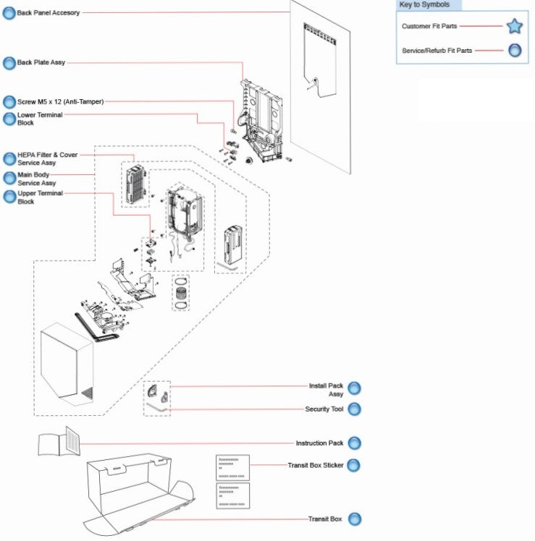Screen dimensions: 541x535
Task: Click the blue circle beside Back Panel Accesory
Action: tap(9, 13)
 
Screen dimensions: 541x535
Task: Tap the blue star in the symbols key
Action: tap(514, 27)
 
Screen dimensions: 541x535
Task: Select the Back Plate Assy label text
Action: tap(41, 63)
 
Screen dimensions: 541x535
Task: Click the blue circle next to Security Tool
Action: tap(354, 409)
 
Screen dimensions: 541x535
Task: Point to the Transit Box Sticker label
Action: tap(316, 465)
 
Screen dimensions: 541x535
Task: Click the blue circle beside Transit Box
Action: tap(354, 519)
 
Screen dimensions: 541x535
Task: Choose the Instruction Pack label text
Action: tap(319, 443)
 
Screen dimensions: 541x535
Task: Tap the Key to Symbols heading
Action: tap(424, 5)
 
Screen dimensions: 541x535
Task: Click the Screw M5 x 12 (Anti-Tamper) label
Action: tap(60, 102)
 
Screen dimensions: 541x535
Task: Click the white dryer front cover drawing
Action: tap(67, 368)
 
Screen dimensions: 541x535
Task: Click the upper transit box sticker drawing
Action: tap(232, 467)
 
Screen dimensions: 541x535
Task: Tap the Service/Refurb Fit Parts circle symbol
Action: tap(514, 51)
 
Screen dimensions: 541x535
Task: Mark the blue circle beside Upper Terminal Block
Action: tap(9, 197)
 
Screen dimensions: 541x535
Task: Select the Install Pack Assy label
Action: tap(326, 390)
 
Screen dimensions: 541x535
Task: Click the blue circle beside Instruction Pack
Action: tap(354, 443)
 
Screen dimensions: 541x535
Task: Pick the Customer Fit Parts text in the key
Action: tap(429, 27)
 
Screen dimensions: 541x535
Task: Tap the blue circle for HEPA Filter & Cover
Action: tap(9, 158)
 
